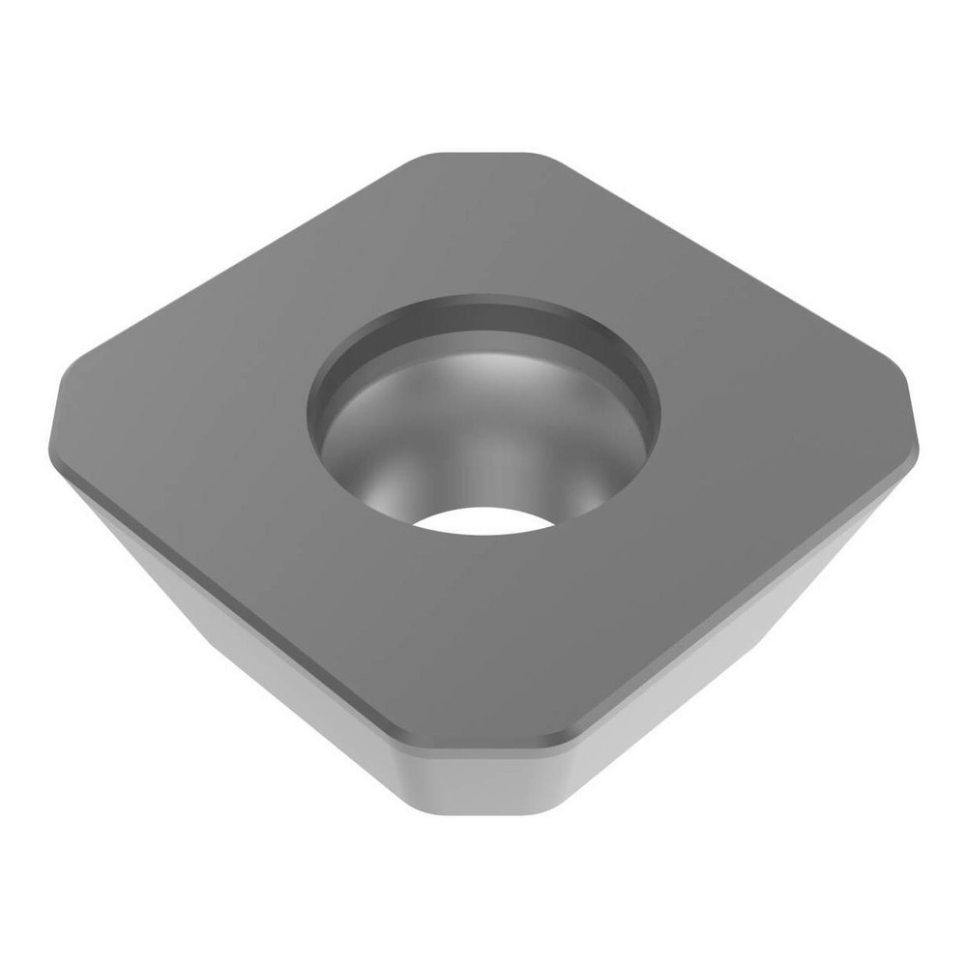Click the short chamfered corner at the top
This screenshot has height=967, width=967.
coord(481,154)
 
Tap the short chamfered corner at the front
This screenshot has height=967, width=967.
coord(481,745)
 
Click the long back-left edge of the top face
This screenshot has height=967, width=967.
coord(242,261)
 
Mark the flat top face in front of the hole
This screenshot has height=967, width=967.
coord(481,638)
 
